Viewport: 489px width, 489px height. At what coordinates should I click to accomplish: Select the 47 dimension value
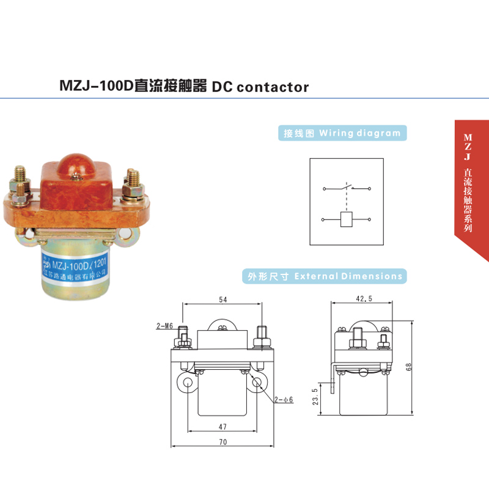click(x=222, y=426)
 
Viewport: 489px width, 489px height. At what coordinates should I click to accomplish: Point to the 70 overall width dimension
click(x=222, y=441)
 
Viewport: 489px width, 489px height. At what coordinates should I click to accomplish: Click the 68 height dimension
click(x=408, y=367)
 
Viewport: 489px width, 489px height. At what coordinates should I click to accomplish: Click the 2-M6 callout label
click(x=164, y=326)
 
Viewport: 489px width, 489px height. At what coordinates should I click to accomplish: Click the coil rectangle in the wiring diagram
click(x=346, y=219)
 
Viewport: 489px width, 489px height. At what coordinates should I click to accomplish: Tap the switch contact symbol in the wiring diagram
click(x=347, y=188)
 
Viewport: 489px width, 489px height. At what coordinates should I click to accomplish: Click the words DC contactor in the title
click(x=260, y=87)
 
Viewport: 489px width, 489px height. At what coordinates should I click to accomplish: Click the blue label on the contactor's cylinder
click(x=76, y=270)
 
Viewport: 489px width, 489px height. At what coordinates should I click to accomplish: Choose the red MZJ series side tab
click(x=471, y=183)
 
